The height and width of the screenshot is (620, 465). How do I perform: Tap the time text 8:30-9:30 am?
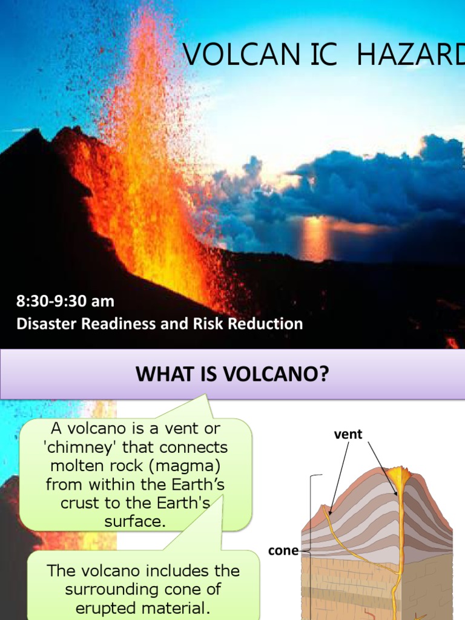pos(65,301)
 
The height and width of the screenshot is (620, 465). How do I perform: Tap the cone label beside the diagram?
pos(283,551)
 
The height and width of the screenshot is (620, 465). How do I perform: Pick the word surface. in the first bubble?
pos(135,522)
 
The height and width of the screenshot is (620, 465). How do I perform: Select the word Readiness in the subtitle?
pos(112,324)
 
